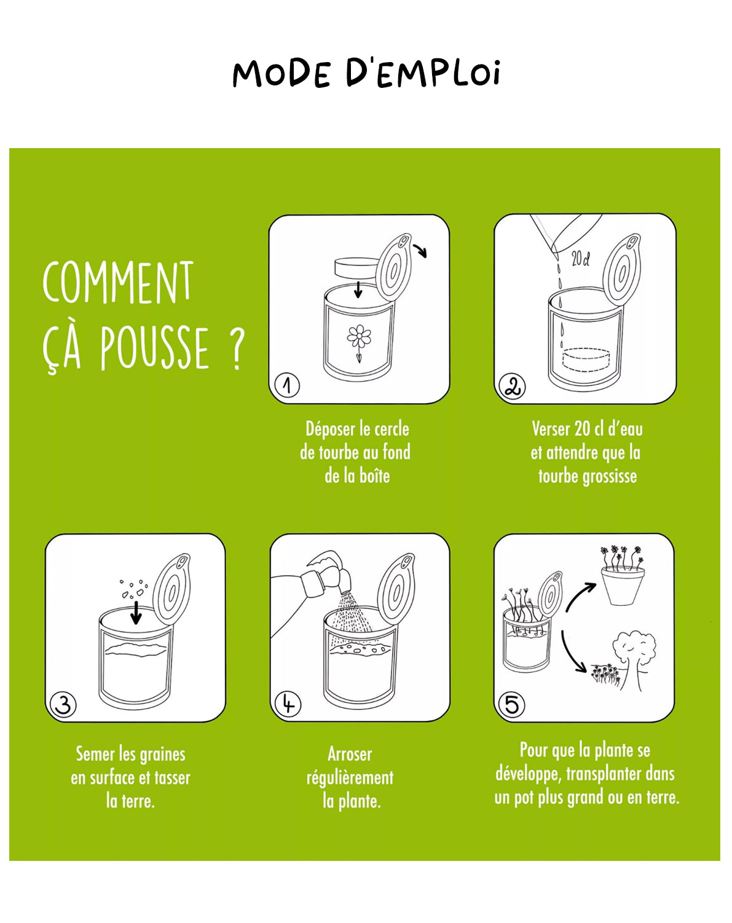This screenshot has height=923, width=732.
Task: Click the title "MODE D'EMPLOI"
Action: click(x=366, y=74)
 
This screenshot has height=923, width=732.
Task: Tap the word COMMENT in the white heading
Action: click(x=118, y=283)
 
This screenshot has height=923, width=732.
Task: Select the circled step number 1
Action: click(x=286, y=385)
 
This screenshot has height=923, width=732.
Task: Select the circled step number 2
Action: click(x=512, y=387)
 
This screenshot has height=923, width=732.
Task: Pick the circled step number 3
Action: click(x=63, y=704)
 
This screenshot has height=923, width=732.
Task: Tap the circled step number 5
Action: click(x=512, y=704)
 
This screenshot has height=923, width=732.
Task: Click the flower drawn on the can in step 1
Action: click(x=359, y=337)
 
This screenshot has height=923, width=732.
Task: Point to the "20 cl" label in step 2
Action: click(x=580, y=259)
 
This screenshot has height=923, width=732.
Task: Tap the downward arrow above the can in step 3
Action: click(x=136, y=613)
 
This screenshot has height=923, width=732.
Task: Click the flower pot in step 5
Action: click(x=622, y=586)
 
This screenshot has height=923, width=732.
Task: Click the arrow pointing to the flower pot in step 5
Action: click(x=580, y=596)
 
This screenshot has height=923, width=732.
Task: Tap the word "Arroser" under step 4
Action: click(x=349, y=754)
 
